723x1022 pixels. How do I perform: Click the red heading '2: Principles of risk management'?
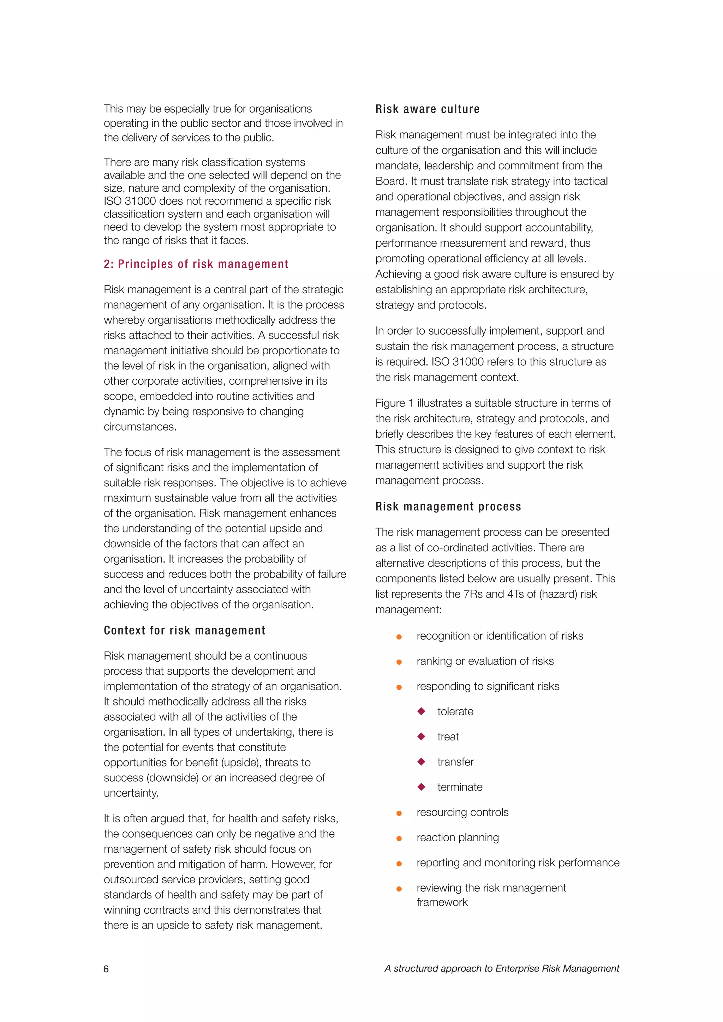pos(196,264)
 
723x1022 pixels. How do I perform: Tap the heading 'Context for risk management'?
pos(184,630)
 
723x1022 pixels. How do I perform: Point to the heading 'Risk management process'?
pos(448,506)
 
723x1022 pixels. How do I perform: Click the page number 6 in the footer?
pos(106,969)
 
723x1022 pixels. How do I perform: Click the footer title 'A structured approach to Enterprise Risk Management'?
pos(501,969)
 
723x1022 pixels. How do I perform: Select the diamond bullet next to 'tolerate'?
pos(421,711)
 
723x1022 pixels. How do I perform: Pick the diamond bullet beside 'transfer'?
pos(421,762)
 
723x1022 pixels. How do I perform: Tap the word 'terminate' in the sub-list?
pos(459,787)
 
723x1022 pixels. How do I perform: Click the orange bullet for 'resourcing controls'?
pos(399,813)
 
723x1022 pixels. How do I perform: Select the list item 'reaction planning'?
pos(457,837)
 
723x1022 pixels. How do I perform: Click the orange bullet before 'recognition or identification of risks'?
pos(399,637)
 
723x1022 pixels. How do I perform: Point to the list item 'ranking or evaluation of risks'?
pos(485,661)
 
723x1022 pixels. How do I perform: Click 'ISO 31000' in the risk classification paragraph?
pos(128,201)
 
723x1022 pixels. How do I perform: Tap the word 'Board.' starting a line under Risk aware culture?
pos(390,181)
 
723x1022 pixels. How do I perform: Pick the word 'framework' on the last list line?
pos(442,902)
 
